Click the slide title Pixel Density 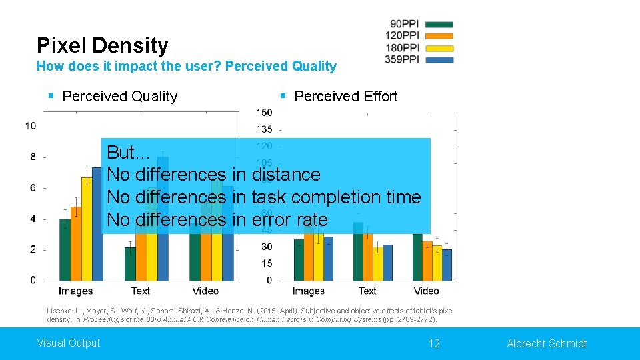point(102,45)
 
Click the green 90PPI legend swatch point(439,25)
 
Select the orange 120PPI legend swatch point(439,36)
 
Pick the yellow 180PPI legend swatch point(439,48)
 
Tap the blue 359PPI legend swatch point(439,59)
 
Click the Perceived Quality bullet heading point(119,96)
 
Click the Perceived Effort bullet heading point(345,96)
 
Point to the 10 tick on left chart point(31,125)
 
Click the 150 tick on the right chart point(264,112)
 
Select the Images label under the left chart point(75,291)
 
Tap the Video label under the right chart point(426,291)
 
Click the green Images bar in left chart point(65,250)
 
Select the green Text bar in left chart point(130,264)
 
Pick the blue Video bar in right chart point(447,265)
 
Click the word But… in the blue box point(129,152)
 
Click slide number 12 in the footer point(434,343)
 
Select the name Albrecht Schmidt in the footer point(547,343)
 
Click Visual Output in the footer point(69,343)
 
